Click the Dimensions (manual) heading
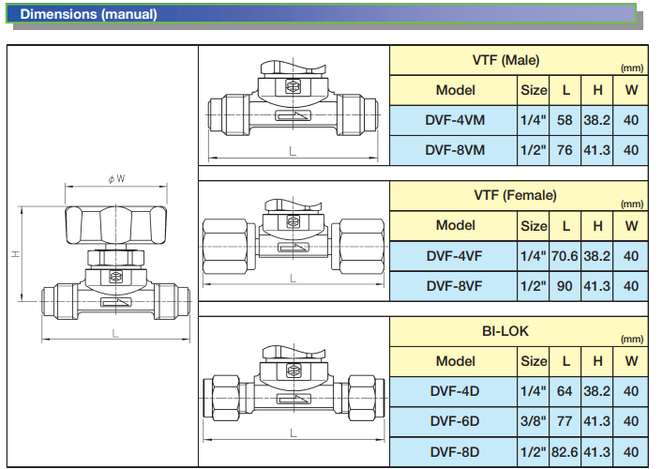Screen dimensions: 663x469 [88, 14]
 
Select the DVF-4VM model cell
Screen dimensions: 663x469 [455, 120]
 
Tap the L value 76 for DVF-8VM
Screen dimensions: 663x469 [565, 150]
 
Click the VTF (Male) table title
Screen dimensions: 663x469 [505, 60]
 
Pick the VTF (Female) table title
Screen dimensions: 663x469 [515, 195]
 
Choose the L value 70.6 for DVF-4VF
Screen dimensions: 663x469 [565, 256]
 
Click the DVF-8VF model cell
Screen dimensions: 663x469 [454, 286]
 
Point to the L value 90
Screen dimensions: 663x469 [565, 286]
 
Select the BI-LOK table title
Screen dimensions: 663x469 [505, 331]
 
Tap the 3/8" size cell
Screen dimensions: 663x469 [534, 421]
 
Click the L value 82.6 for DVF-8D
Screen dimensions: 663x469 [565, 452]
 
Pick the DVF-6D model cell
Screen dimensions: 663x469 [455, 421]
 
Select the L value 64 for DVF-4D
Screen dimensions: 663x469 [565, 391]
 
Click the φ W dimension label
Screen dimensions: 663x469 [116, 179]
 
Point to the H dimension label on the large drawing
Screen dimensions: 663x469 [16, 254]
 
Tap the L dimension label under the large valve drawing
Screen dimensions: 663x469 [115, 334]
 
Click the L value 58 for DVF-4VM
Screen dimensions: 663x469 [565, 120]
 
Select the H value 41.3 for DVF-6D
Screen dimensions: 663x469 [596, 421]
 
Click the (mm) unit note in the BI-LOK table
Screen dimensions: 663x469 [632, 340]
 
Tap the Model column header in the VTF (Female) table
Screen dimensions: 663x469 [456, 225]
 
